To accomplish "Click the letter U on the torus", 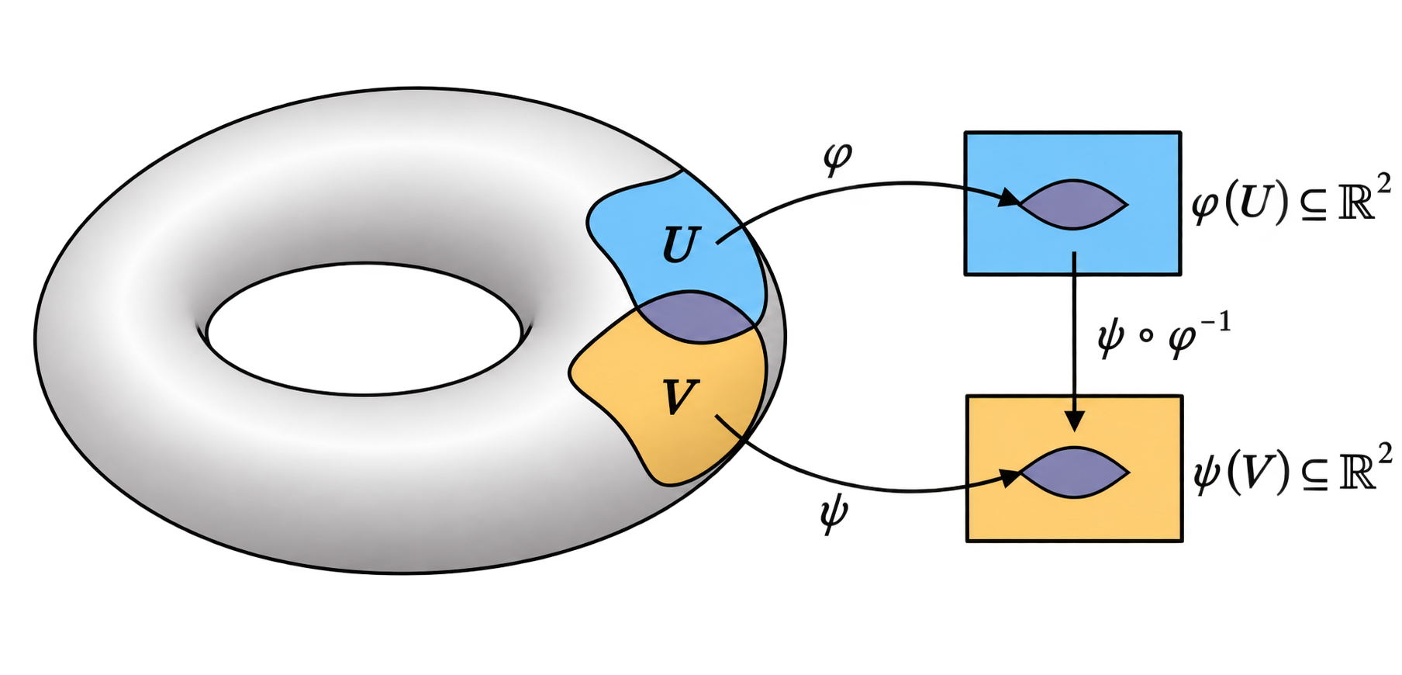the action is [682, 245].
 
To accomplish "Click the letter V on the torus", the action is [680, 397].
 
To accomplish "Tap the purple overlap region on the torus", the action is [696, 317].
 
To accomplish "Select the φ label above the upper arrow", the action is [837, 159].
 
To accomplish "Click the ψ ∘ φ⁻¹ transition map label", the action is [1164, 335].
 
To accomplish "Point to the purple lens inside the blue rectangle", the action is [1072, 205].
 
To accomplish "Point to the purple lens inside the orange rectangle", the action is [1074, 472].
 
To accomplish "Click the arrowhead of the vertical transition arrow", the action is [1074, 420].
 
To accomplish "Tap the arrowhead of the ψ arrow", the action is [1009, 477].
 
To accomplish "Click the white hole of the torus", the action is [364, 329].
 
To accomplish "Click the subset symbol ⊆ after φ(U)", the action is [1312, 207].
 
